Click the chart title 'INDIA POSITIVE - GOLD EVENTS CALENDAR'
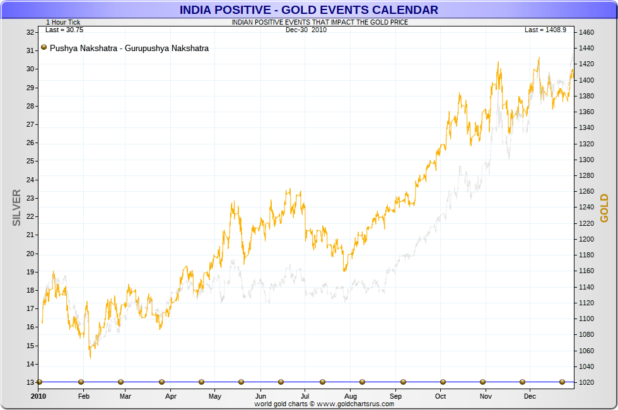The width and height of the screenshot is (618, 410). pos(308,9)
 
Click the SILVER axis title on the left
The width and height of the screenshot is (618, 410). pos(17,208)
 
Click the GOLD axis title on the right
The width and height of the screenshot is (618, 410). pos(604,208)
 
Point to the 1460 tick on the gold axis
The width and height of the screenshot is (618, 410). pos(587,32)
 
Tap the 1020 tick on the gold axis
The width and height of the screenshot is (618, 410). pos(587,382)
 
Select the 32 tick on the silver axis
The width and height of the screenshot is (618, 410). pos(30,32)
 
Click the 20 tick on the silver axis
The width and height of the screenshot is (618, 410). pos(30,254)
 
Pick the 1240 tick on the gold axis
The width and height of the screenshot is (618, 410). pos(587,207)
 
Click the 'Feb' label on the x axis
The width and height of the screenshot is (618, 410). pos(83,396)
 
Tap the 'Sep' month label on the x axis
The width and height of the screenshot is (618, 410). pos(395,396)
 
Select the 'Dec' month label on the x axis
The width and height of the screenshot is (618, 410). pos(530,396)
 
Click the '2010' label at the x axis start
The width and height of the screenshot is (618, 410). pos(39,396)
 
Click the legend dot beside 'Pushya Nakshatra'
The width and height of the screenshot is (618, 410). pos(44,47)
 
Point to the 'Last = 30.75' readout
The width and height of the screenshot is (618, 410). pos(64,30)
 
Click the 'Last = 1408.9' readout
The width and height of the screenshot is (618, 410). pos(545,30)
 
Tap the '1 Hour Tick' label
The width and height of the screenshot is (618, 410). pos(63,22)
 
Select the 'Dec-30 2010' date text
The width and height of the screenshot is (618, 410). pos(306,30)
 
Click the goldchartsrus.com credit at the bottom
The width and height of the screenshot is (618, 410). pos(324,404)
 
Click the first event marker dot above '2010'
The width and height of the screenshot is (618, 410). pos(39,382)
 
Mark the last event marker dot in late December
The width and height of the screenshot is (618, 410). pos(562,382)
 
